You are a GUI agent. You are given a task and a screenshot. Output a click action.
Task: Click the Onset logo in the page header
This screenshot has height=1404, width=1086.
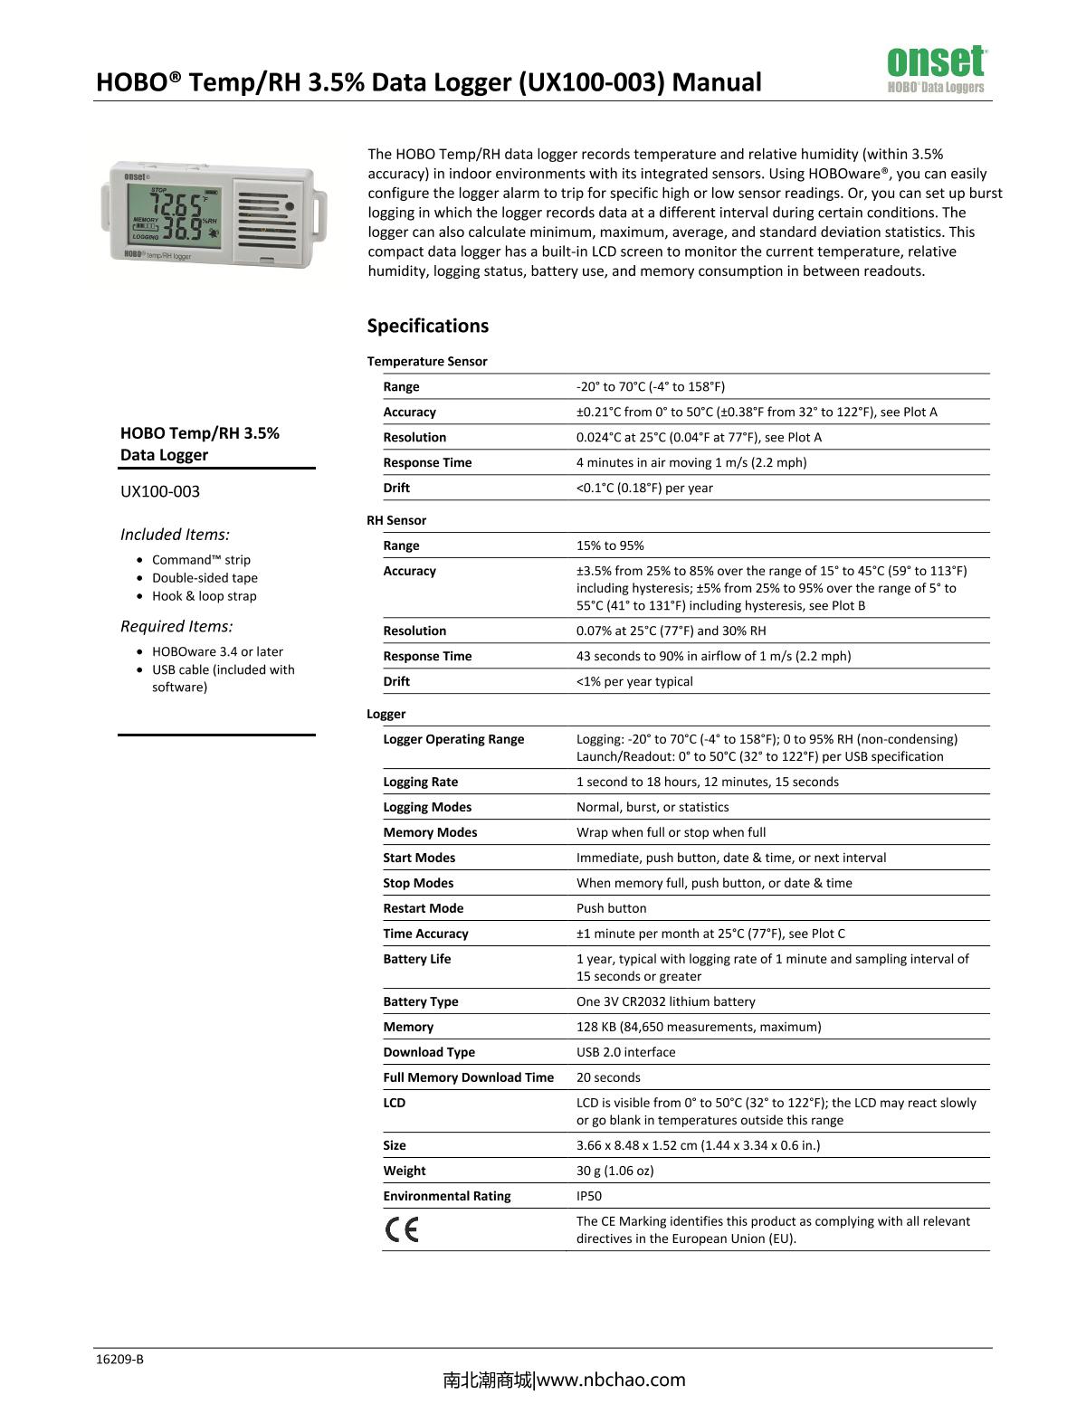(x=936, y=69)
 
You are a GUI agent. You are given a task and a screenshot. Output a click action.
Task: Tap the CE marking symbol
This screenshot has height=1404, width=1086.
(x=401, y=1230)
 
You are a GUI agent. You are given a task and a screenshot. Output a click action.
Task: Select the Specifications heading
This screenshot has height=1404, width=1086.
(x=427, y=326)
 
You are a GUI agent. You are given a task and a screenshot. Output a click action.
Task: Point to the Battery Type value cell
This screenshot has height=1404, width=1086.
(x=665, y=1001)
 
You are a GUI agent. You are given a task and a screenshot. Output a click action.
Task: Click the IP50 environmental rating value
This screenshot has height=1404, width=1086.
(x=589, y=1196)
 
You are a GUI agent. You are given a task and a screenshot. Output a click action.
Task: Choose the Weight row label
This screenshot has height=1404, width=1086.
(x=404, y=1171)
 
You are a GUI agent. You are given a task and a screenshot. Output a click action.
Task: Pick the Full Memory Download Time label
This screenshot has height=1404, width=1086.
(x=468, y=1077)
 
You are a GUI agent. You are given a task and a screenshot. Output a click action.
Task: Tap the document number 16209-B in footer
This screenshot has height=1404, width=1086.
(x=119, y=1359)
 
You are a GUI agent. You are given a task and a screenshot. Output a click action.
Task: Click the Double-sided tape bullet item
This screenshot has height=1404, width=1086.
(x=205, y=578)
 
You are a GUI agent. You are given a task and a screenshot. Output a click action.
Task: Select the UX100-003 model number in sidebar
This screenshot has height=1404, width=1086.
(x=160, y=491)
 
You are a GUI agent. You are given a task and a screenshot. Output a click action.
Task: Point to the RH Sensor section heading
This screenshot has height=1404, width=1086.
(x=396, y=520)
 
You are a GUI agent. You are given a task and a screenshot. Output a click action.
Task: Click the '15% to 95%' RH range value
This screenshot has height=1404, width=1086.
(x=610, y=545)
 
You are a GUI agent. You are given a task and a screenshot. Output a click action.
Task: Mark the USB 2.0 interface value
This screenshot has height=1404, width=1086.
(x=625, y=1052)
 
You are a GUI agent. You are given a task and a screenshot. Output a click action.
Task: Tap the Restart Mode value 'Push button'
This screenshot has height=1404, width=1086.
(x=611, y=908)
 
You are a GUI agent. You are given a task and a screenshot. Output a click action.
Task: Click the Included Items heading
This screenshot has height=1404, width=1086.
(x=175, y=535)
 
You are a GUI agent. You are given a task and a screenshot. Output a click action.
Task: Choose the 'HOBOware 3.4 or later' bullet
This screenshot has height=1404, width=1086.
(x=217, y=651)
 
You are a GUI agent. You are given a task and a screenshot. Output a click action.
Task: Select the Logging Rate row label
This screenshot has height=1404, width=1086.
(x=420, y=782)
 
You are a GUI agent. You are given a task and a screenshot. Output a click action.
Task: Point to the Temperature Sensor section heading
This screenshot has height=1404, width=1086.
(x=427, y=361)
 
